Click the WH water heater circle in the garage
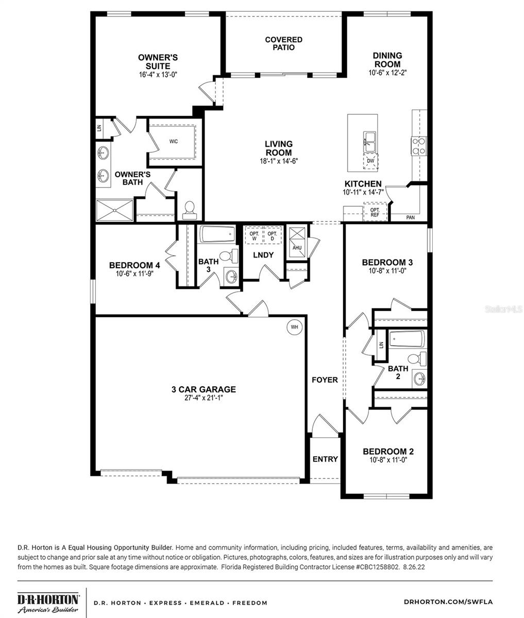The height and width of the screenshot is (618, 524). coord(294,327)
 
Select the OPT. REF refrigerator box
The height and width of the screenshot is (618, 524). coord(375,212)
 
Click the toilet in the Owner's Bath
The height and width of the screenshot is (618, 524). coord(189,209)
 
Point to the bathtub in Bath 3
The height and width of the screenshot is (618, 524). coord(217,235)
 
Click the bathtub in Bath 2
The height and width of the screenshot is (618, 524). coord(407,339)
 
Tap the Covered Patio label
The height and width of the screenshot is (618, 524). coord(283,43)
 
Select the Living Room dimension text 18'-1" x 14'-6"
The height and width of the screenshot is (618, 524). coord(279,161)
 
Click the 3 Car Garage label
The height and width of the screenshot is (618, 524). coord(204,389)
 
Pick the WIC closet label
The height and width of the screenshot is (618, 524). coord(174,141)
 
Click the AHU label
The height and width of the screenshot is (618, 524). coord(297,247)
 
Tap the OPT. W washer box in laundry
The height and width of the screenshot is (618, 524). coord(254,236)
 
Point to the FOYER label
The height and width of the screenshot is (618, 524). coord(325,380)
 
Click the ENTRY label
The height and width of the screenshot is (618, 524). coord(325,459)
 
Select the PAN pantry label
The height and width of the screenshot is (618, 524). coord(410,217)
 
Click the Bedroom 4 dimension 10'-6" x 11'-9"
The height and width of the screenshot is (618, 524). coord(134,273)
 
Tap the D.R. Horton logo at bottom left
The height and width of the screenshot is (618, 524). coord(48,603)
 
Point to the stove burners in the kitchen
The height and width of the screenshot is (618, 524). coord(418,146)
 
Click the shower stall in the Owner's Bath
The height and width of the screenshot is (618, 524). coord(115,210)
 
